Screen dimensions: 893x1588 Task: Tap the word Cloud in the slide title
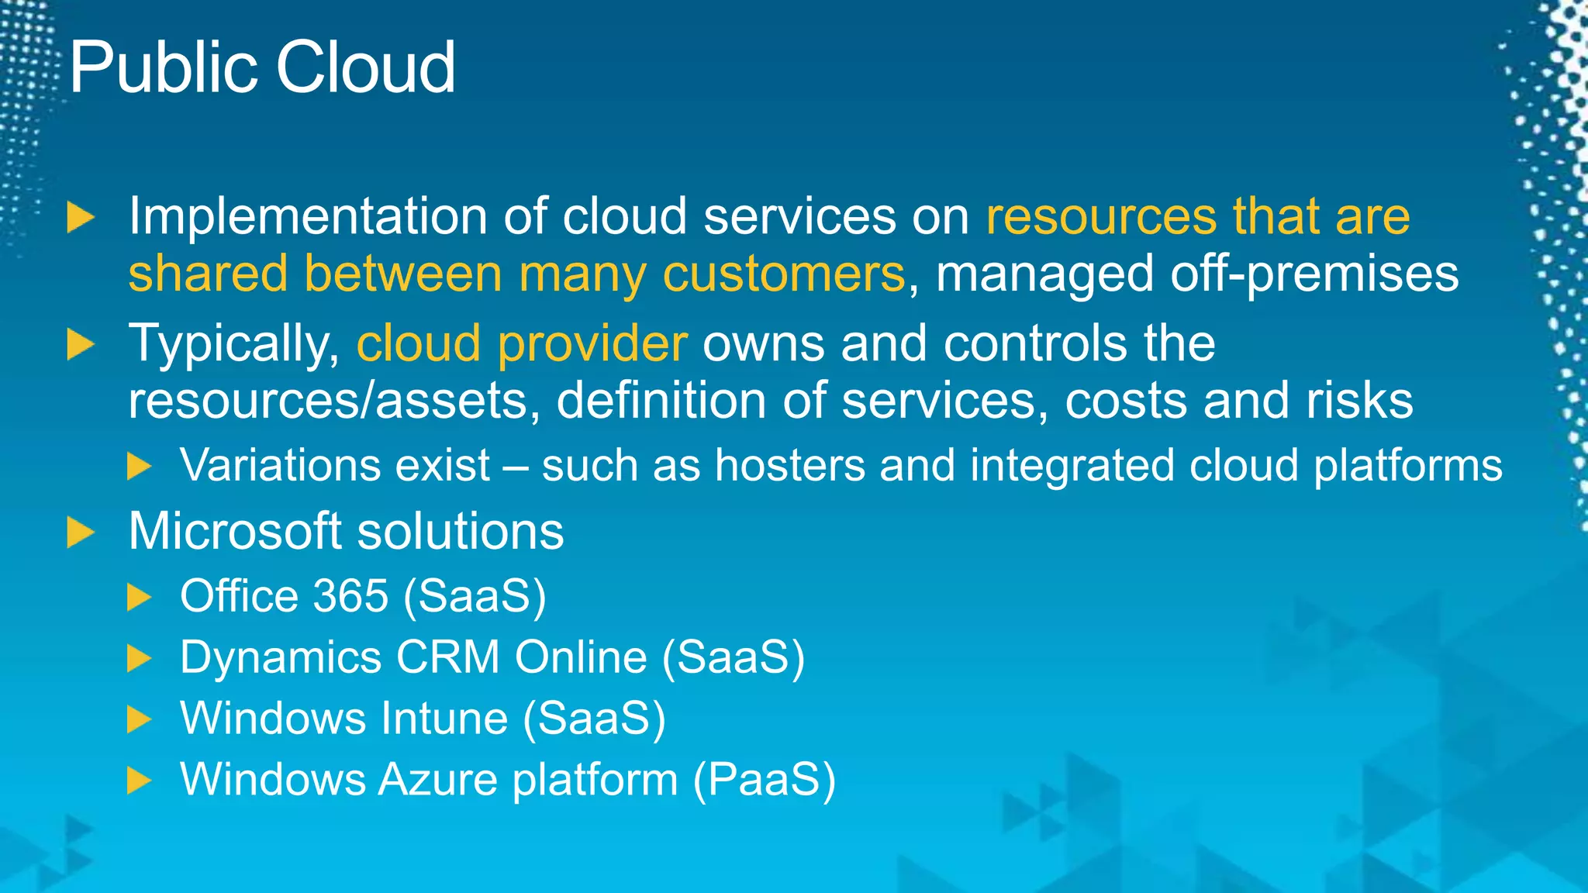365,68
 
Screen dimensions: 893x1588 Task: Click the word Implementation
308,216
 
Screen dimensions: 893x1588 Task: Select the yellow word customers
783,274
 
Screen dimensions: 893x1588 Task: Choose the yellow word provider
592,344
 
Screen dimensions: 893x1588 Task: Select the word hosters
789,466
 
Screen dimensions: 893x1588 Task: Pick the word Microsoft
235,532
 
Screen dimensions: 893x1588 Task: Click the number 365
350,596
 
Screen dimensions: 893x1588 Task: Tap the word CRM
448,657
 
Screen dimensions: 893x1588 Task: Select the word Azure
437,779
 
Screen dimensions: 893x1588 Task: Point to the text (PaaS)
764,780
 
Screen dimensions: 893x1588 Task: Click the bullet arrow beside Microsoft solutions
80,533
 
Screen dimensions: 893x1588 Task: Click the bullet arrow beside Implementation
80,217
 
